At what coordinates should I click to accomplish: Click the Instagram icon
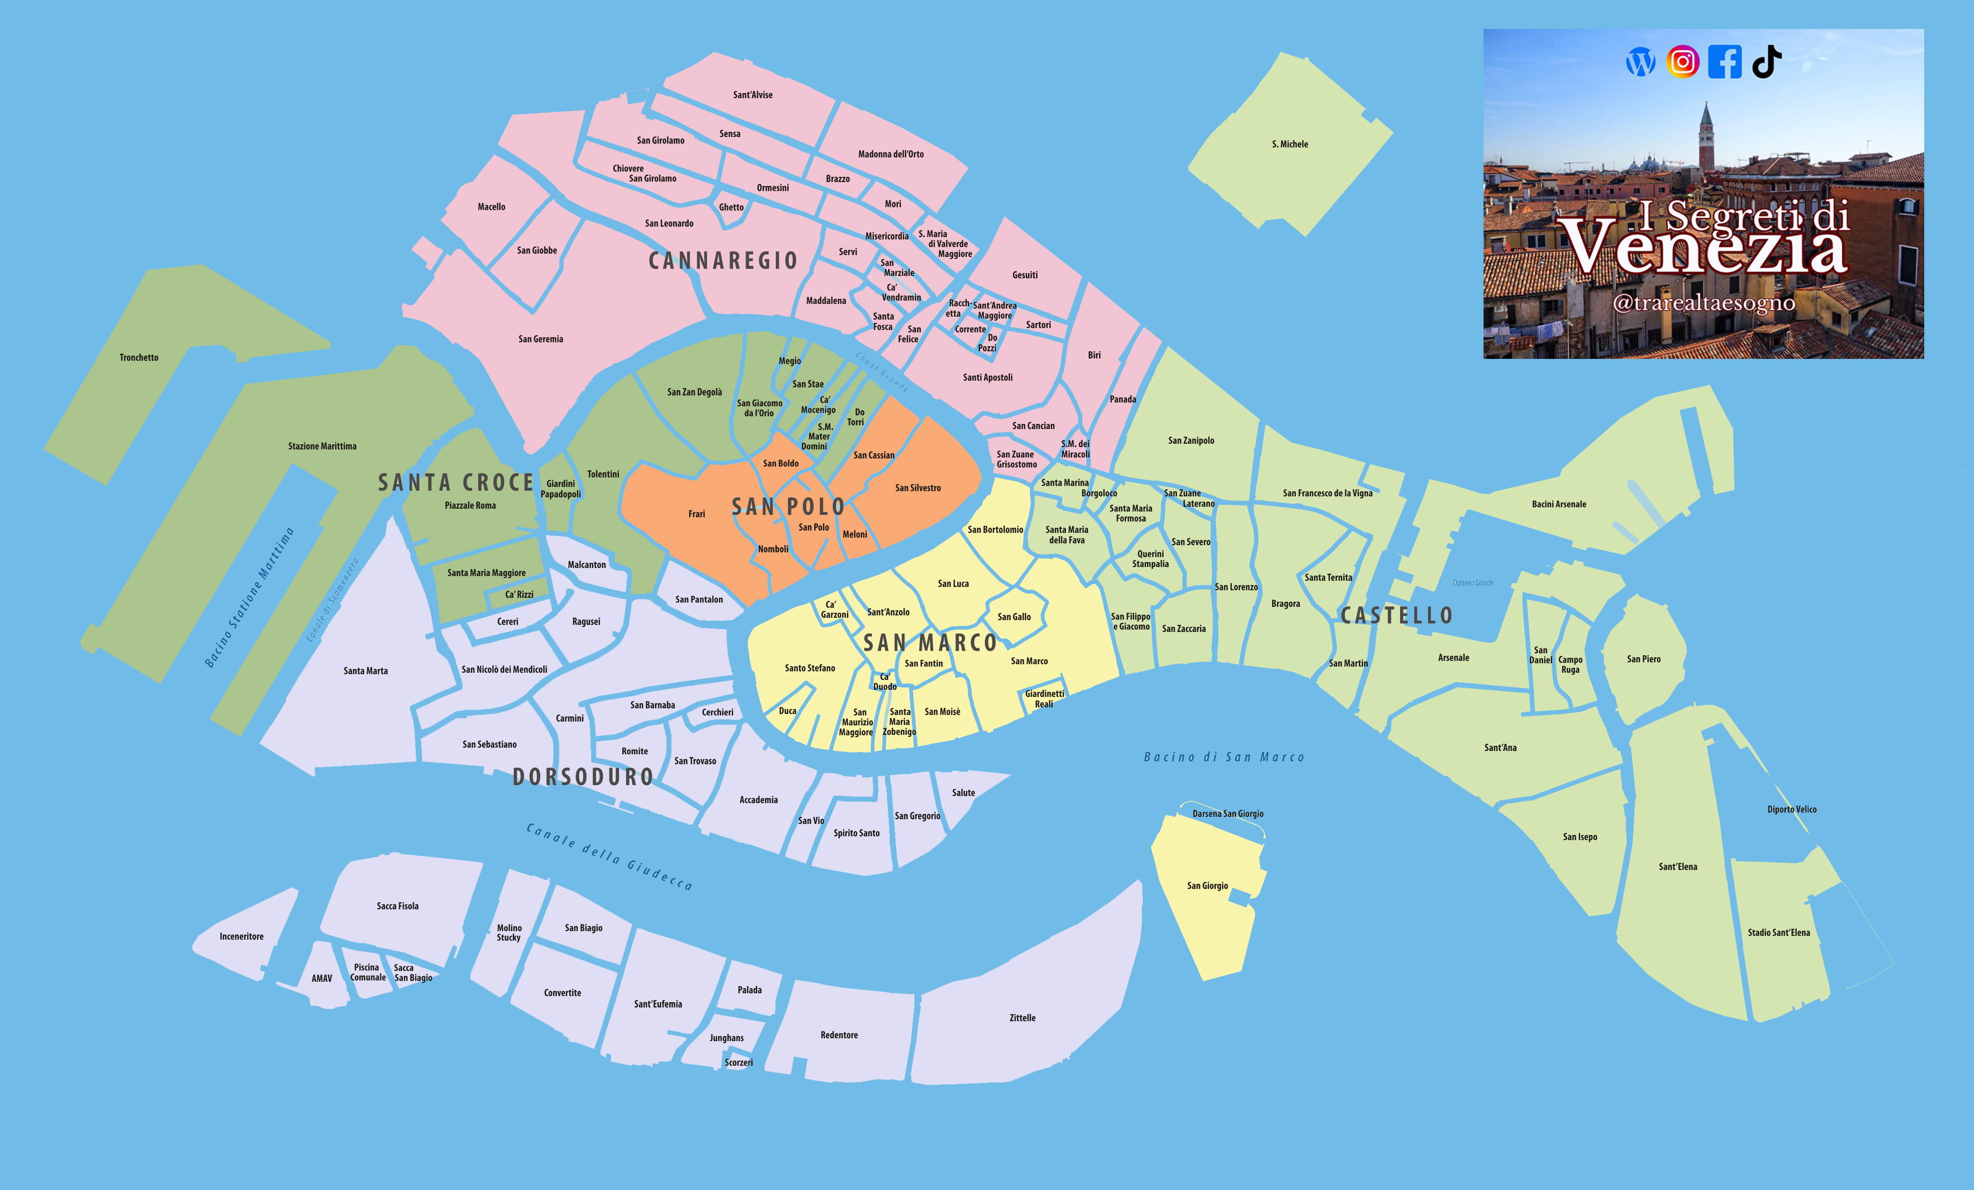pos(1683,62)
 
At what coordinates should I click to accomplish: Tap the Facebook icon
pos(1724,62)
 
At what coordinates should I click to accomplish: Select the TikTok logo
pos(1766,62)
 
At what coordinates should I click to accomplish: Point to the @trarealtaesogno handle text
pos(1703,303)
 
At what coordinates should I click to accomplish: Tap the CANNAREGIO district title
pos(723,260)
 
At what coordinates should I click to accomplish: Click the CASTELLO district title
pos(1396,615)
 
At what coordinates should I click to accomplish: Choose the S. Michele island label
pos(1290,144)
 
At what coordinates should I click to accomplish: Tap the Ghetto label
pos(731,207)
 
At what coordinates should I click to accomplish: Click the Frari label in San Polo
pos(696,513)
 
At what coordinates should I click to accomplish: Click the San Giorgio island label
pos(1207,886)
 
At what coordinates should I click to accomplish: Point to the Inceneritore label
pos(241,936)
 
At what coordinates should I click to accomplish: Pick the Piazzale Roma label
pos(470,506)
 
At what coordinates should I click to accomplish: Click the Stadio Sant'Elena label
pos(1779,932)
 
